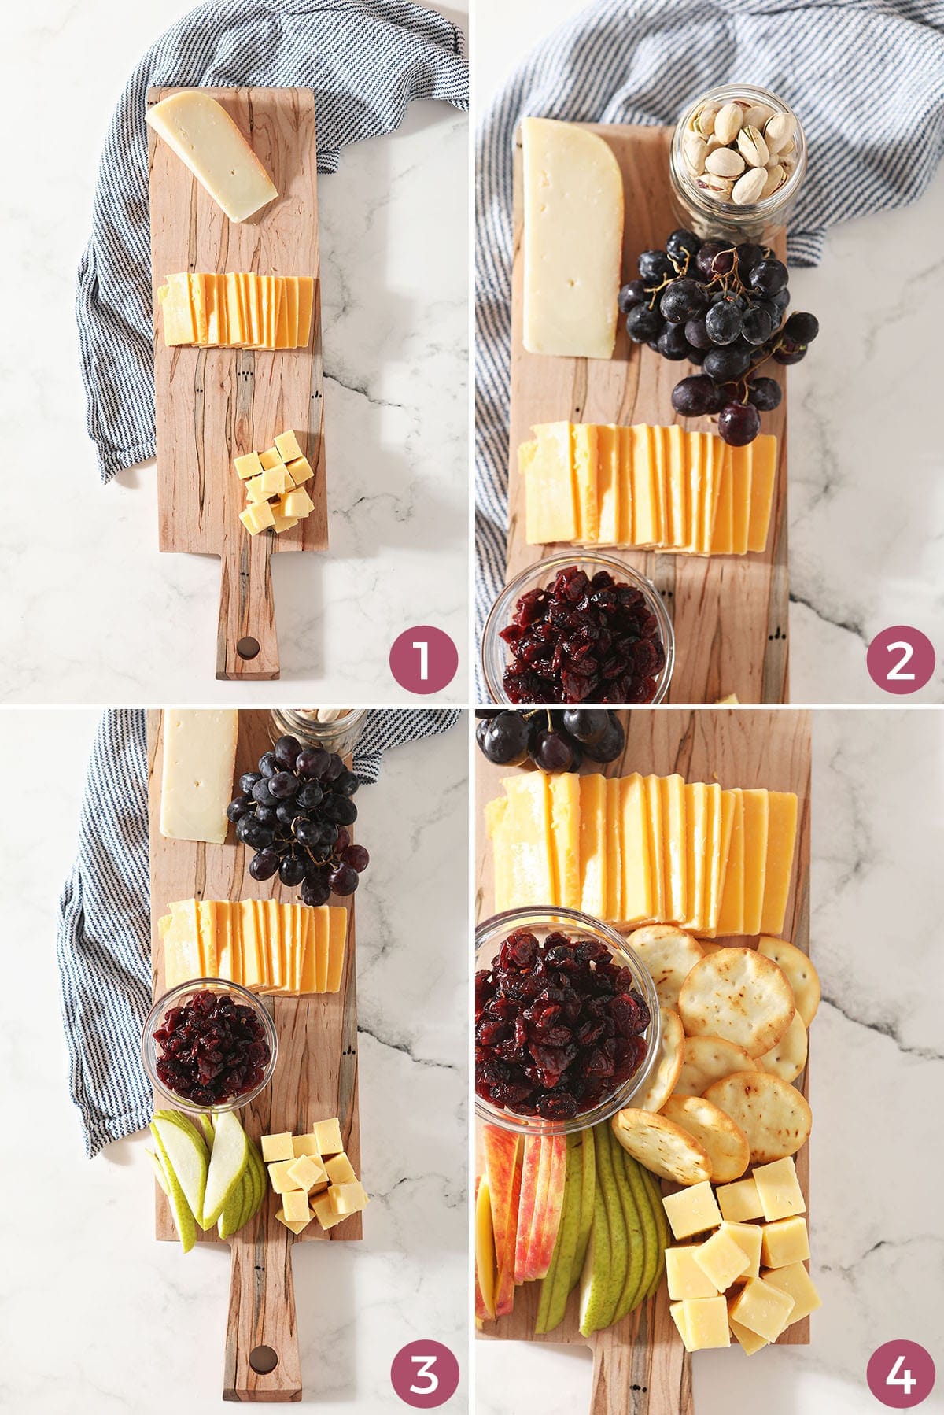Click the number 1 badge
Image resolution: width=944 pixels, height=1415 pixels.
point(422,659)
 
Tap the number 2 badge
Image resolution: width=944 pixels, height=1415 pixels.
point(900,659)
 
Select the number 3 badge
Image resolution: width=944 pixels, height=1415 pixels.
point(422,1373)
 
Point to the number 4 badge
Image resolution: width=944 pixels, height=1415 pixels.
point(900,1373)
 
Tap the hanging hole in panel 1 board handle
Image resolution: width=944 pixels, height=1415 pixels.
point(249,648)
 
